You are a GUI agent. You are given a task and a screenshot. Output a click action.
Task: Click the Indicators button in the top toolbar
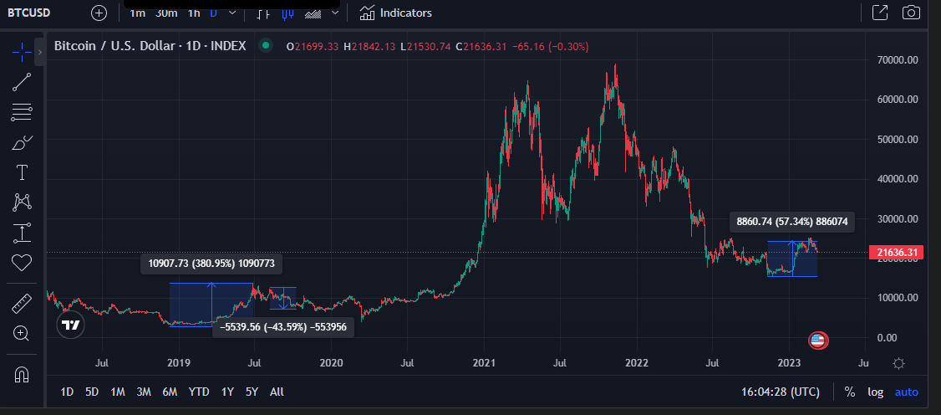(x=396, y=13)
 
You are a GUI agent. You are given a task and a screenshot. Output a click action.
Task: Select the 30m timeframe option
(x=166, y=13)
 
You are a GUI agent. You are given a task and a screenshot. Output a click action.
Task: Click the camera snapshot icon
(x=911, y=13)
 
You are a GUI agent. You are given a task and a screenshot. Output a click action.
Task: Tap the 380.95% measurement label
(x=211, y=264)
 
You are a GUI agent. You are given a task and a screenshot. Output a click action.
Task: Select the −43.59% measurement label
(x=283, y=328)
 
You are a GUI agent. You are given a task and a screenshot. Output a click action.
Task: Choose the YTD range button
(x=199, y=392)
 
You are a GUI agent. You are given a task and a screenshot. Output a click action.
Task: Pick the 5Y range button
(x=252, y=392)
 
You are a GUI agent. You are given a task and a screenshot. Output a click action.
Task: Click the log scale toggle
(x=876, y=392)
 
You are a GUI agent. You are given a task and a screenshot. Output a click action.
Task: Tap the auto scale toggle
(x=907, y=392)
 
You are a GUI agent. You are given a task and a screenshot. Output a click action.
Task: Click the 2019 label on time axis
(x=179, y=363)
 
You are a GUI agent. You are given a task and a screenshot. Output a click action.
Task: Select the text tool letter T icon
(x=22, y=172)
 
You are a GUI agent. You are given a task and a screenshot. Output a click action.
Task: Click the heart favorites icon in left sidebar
(x=22, y=263)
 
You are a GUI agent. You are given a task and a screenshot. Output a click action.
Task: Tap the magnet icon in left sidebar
(x=22, y=374)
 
